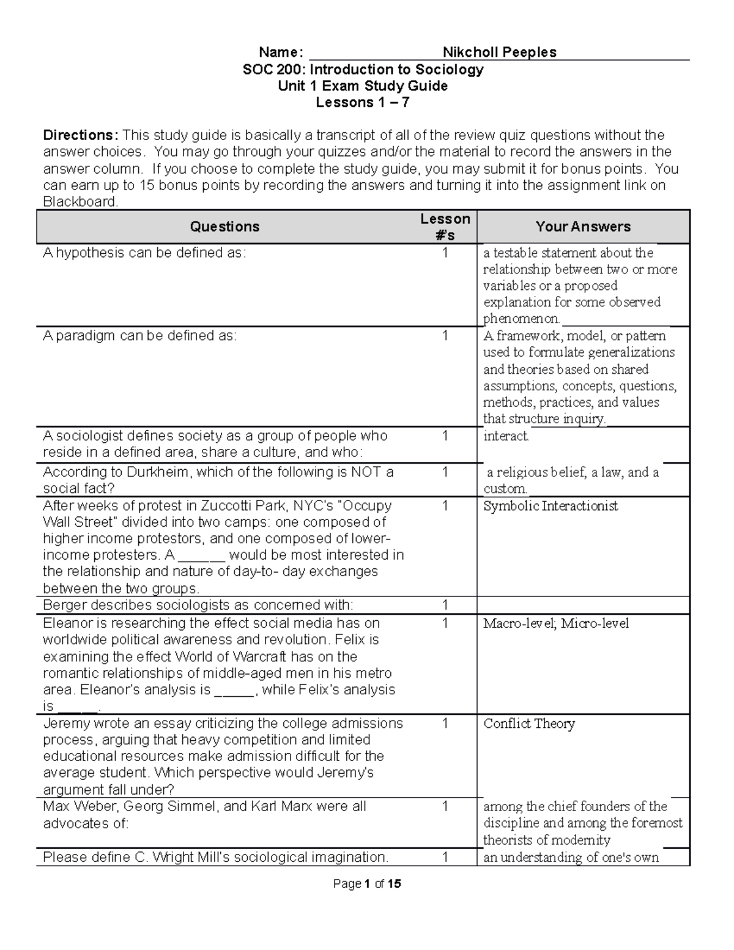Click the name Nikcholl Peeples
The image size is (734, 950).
499,52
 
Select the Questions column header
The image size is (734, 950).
224,227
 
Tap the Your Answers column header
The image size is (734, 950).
583,227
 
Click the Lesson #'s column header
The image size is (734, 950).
445,227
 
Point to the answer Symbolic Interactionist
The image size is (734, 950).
550,506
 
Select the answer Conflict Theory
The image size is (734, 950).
529,724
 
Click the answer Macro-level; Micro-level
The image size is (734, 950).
555,623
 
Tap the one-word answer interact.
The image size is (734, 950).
506,436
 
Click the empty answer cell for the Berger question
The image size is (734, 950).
583,606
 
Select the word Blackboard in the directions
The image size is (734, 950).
80,202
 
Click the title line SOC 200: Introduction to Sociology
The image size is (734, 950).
363,69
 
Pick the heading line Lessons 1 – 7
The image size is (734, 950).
362,103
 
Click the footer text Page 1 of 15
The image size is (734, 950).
367,884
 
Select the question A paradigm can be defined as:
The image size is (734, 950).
139,336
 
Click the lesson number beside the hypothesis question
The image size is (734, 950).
445,253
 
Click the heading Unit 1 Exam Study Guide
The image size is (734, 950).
363,86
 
